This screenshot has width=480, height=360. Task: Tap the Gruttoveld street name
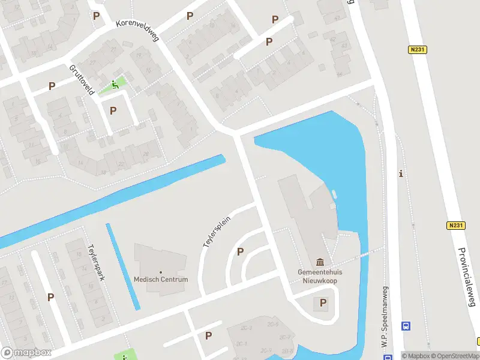tap(82, 80)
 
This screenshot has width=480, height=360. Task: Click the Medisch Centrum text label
tap(161, 280)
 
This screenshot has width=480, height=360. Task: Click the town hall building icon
tap(320, 262)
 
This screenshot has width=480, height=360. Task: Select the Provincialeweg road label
tap(467, 277)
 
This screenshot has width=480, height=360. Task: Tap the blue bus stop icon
tap(406, 326)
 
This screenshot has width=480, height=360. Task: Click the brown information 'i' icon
tap(401, 174)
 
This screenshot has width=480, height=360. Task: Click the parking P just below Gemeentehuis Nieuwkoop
tap(323, 303)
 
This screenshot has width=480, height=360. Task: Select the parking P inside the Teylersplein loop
tap(241, 252)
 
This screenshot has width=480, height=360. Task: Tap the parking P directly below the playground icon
tap(113, 110)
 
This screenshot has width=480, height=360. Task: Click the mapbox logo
tap(26, 352)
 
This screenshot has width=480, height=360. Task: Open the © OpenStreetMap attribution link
tap(454, 356)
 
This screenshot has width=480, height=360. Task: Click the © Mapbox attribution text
tap(417, 356)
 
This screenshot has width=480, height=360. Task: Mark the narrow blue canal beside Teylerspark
tap(123, 266)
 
